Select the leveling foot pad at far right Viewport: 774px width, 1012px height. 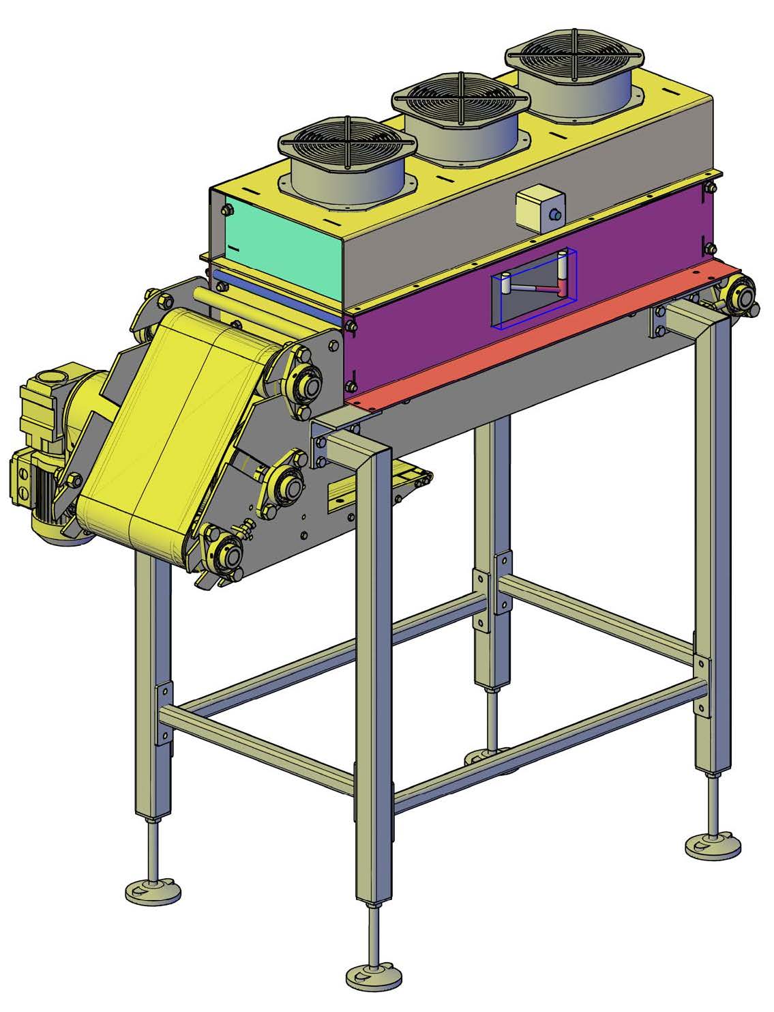pyautogui.click(x=713, y=847)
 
